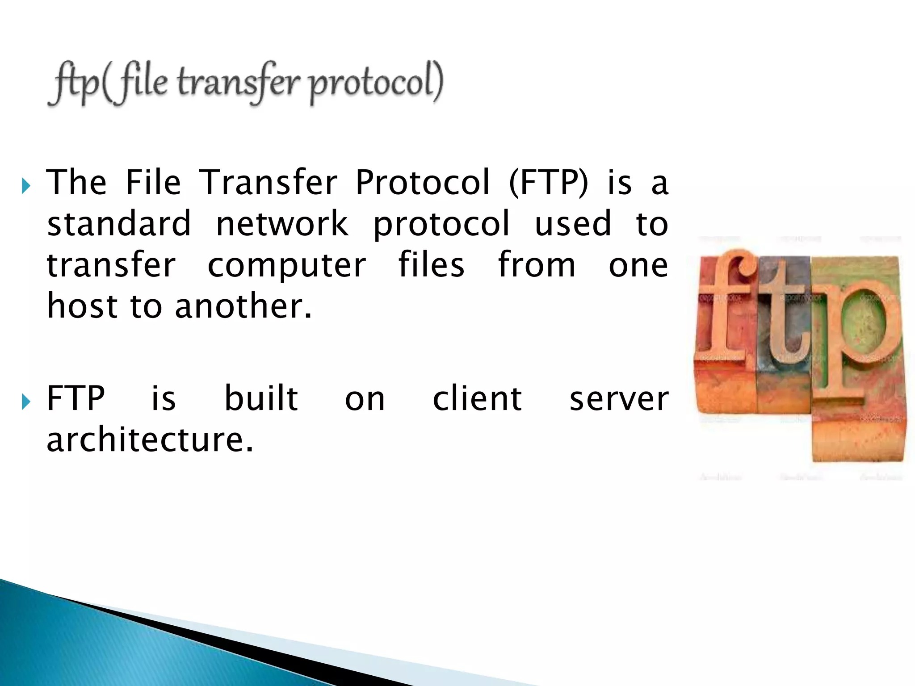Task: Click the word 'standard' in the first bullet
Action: (119, 224)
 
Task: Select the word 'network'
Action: (282, 224)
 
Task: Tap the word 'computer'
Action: (287, 265)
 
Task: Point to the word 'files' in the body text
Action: (431, 265)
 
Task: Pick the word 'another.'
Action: (243, 306)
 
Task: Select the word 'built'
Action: (261, 398)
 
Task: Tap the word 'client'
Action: (477, 398)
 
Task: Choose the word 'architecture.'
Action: (150, 439)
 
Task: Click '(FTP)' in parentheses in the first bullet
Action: (549, 183)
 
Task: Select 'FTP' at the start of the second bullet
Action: (76, 398)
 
